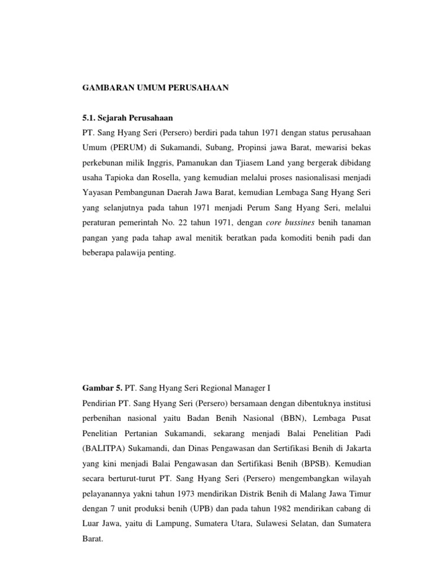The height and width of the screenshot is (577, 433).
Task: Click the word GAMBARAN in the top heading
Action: [103, 89]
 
